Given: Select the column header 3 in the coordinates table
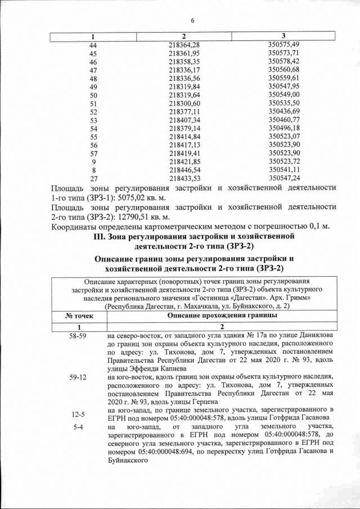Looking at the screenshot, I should pyautogui.click(x=283, y=36).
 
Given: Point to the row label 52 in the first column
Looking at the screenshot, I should pyautogui.click(x=93, y=111).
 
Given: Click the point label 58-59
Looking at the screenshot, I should pyautogui.click(x=78, y=336).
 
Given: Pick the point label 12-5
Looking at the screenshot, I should pyautogui.click(x=78, y=415).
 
